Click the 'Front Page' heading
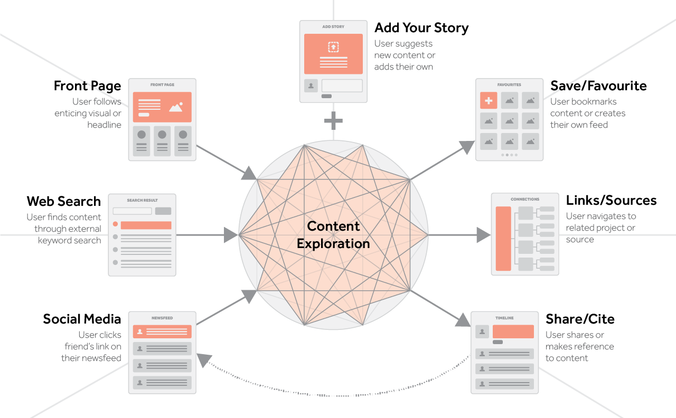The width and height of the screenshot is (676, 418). coord(87,86)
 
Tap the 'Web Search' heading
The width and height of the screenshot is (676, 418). coord(63,201)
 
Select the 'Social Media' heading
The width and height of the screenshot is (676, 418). coord(82,319)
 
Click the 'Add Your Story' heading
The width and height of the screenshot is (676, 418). coord(421,28)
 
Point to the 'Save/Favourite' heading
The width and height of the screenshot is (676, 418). coord(598,86)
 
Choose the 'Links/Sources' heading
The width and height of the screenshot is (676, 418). coord(611,201)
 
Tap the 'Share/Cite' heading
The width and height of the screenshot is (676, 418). coord(580,319)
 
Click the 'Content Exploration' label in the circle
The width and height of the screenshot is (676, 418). coord(333,235)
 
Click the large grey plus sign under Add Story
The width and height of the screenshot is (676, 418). coord(333,121)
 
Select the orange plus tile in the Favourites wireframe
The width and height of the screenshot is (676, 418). coord(489,100)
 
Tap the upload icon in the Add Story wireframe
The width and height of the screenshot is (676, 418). coord(333,47)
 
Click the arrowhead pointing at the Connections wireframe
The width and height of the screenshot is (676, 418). coord(483,235)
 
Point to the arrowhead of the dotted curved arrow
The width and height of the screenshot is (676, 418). coord(202,360)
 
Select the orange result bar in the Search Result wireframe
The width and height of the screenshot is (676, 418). coord(146,225)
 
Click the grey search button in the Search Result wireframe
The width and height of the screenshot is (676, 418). coord(163,211)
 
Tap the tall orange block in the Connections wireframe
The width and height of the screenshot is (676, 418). coord(503,239)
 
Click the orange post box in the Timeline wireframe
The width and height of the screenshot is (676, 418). coord(513,331)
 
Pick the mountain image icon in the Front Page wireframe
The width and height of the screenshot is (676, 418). coord(176,107)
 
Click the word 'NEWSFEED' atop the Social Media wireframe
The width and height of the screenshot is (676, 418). coord(162,318)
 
